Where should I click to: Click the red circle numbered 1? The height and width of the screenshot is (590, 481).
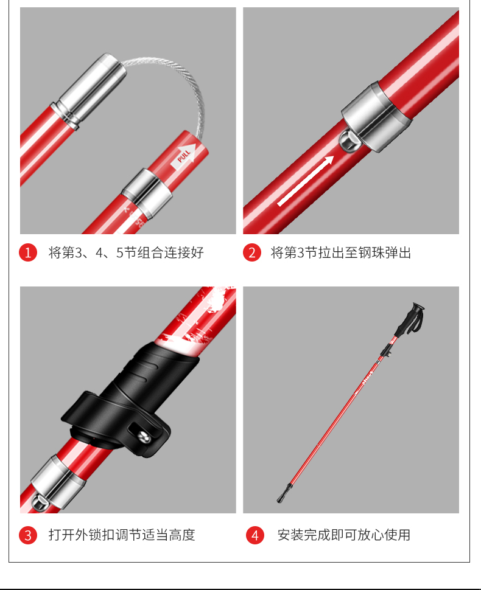click(28, 252)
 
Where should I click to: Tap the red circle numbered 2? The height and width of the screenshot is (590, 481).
click(252, 252)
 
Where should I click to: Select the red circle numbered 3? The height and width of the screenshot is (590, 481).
click(28, 535)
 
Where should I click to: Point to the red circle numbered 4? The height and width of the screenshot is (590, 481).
click(255, 535)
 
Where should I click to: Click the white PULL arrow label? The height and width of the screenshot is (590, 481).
click(183, 156)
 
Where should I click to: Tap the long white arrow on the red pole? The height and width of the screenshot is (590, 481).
click(306, 181)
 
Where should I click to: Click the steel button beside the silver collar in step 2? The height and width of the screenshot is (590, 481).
click(349, 141)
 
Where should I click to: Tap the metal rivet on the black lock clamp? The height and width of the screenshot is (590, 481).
click(144, 437)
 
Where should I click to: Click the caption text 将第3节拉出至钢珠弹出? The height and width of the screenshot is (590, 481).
click(341, 252)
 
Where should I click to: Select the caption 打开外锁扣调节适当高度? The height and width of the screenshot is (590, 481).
click(122, 535)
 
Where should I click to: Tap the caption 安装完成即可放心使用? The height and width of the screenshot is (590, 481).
click(344, 535)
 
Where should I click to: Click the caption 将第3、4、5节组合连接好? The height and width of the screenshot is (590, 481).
click(126, 252)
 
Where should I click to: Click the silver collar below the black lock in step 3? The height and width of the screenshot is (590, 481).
click(54, 482)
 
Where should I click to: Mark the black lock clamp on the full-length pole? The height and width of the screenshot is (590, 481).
click(386, 350)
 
